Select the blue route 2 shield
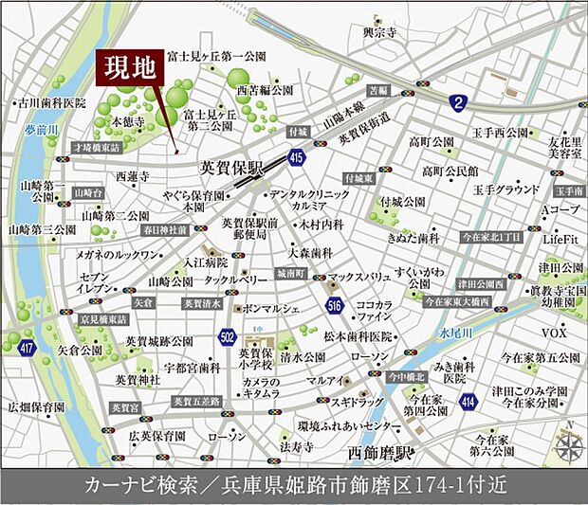point(459,101)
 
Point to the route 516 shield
point(334,305)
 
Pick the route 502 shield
point(227,336)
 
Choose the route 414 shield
point(467,404)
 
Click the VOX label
point(554,334)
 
